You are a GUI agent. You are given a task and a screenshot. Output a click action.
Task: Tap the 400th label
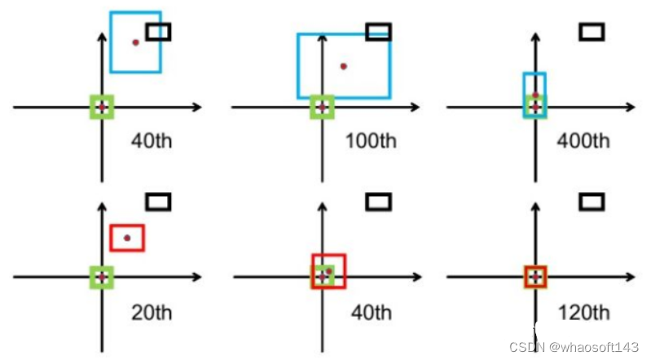(583, 140)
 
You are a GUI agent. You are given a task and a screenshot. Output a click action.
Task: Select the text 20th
(152, 311)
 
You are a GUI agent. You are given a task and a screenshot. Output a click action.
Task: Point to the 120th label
(583, 311)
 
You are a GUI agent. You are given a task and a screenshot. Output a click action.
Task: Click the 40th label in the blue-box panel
(152, 140)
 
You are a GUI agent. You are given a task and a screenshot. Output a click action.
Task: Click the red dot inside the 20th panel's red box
(127, 238)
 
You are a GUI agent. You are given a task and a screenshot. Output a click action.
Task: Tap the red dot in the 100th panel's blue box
(344, 66)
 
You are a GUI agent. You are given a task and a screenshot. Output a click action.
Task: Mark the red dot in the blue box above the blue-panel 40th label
(136, 42)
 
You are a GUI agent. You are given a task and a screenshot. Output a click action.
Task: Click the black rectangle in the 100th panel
(379, 32)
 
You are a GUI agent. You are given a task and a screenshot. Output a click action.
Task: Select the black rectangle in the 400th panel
(592, 32)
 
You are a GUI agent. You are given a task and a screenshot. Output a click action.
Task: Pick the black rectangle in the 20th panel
(158, 201)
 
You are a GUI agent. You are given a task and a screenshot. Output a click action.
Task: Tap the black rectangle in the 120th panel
(592, 201)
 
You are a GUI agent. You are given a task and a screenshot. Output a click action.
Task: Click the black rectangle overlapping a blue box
(158, 32)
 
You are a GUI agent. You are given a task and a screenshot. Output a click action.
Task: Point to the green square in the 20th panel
(102, 277)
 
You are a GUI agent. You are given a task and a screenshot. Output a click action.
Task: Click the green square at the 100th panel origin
(322, 107)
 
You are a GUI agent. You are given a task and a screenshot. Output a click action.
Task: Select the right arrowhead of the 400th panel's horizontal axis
(631, 107)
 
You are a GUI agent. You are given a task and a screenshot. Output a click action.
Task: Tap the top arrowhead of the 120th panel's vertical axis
(535, 203)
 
